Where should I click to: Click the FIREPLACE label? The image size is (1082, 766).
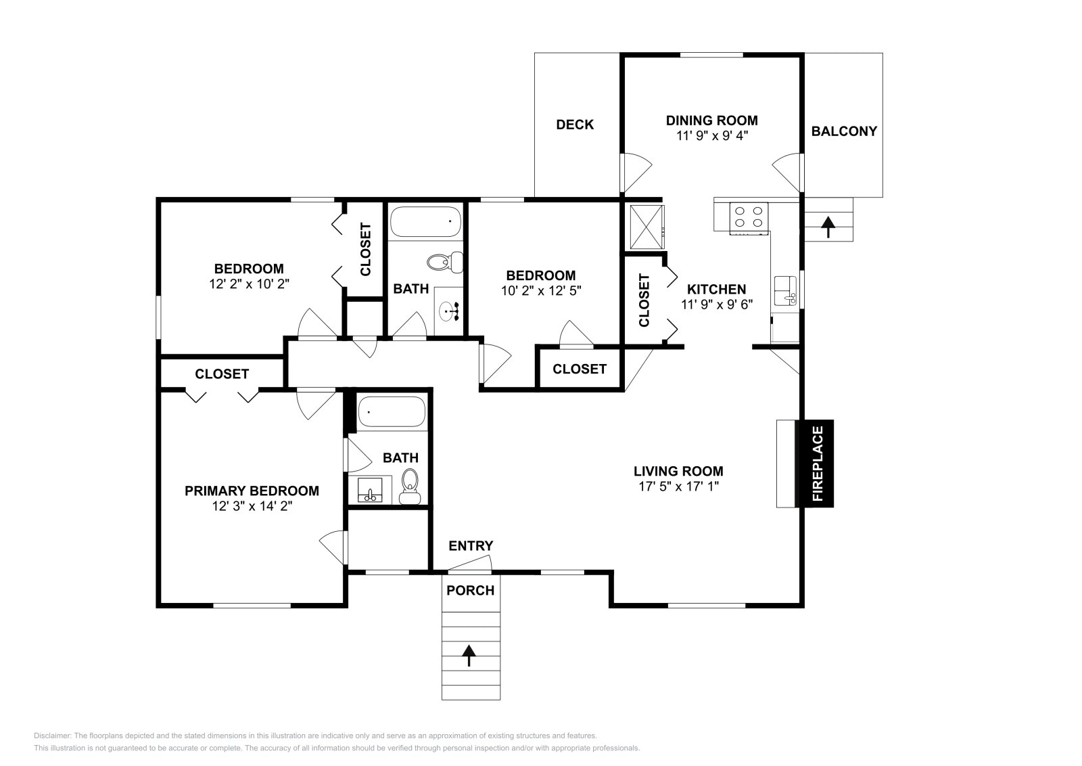click(818, 464)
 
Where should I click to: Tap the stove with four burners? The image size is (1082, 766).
click(748, 217)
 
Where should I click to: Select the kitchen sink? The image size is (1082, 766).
click(785, 291)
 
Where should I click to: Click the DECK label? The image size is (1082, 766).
click(575, 125)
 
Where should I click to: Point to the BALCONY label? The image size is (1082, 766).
click(844, 131)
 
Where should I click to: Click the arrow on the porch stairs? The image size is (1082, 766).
click(469, 656)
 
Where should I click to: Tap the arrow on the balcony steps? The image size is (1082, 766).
click(828, 227)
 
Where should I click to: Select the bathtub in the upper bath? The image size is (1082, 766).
click(425, 222)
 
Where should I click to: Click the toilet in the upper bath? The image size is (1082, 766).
click(445, 263)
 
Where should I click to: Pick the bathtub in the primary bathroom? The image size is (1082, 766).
click(392, 411)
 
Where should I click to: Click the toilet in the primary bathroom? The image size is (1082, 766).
click(410, 487)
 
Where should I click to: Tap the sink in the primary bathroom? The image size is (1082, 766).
click(370, 490)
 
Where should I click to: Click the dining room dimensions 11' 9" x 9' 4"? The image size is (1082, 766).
click(712, 136)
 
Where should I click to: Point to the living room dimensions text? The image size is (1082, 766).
click(679, 487)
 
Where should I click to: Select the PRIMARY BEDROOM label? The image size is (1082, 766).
click(252, 491)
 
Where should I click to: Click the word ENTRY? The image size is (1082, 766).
click(471, 546)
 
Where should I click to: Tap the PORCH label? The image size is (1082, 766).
click(471, 591)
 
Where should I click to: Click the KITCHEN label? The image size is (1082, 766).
click(716, 290)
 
